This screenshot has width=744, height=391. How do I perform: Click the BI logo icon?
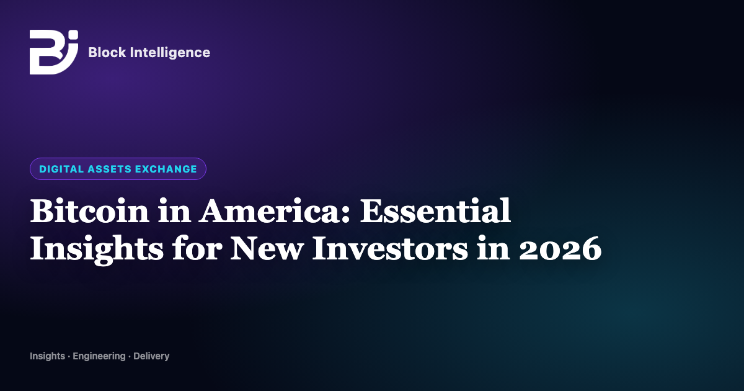pos(54,52)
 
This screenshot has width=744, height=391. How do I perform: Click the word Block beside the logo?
pos(107,53)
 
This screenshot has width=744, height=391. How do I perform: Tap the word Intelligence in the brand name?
pos(170,53)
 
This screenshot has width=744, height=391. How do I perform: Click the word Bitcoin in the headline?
pos(90,211)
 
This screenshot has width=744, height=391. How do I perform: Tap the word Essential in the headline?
pos(435,211)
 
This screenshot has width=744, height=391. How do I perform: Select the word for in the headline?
pos(197,248)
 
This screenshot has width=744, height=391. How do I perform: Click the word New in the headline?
pos(267,249)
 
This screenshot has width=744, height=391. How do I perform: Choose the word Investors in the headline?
pos(390,249)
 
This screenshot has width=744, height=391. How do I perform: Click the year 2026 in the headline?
pos(560,249)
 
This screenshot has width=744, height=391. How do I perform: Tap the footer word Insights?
pos(48,356)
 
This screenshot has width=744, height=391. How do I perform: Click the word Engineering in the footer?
pos(99,356)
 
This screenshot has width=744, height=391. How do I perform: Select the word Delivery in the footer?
pos(151,356)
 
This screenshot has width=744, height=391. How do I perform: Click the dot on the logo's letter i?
pos(74,35)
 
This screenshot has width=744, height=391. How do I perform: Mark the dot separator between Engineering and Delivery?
pos(130,357)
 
